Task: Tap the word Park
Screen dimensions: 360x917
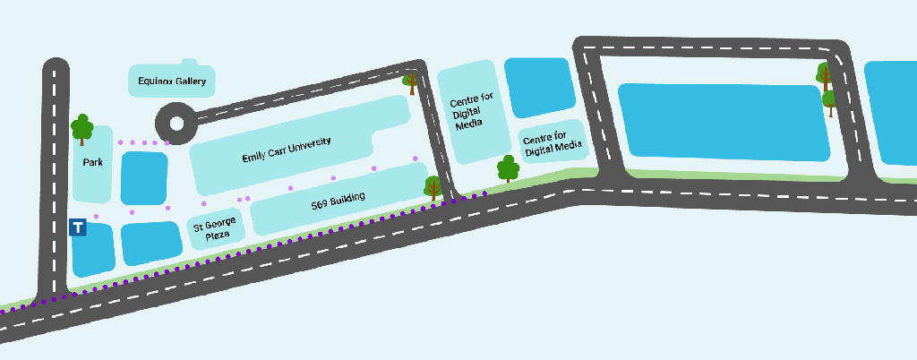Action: (92, 162)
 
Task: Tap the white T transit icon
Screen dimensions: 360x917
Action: (79, 227)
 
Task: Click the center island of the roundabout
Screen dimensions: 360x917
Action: (175, 123)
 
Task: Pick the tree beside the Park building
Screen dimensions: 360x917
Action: (82, 129)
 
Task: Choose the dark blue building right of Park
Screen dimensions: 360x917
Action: (143, 177)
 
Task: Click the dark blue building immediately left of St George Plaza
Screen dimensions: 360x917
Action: (151, 243)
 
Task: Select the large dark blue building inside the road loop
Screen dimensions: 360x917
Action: (724, 121)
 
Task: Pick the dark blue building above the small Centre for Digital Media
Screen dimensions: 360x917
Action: (539, 88)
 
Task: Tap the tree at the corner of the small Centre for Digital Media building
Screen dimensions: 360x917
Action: (508, 168)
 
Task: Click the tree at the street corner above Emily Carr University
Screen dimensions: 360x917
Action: (411, 81)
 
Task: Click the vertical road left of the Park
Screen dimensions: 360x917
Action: (56, 179)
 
